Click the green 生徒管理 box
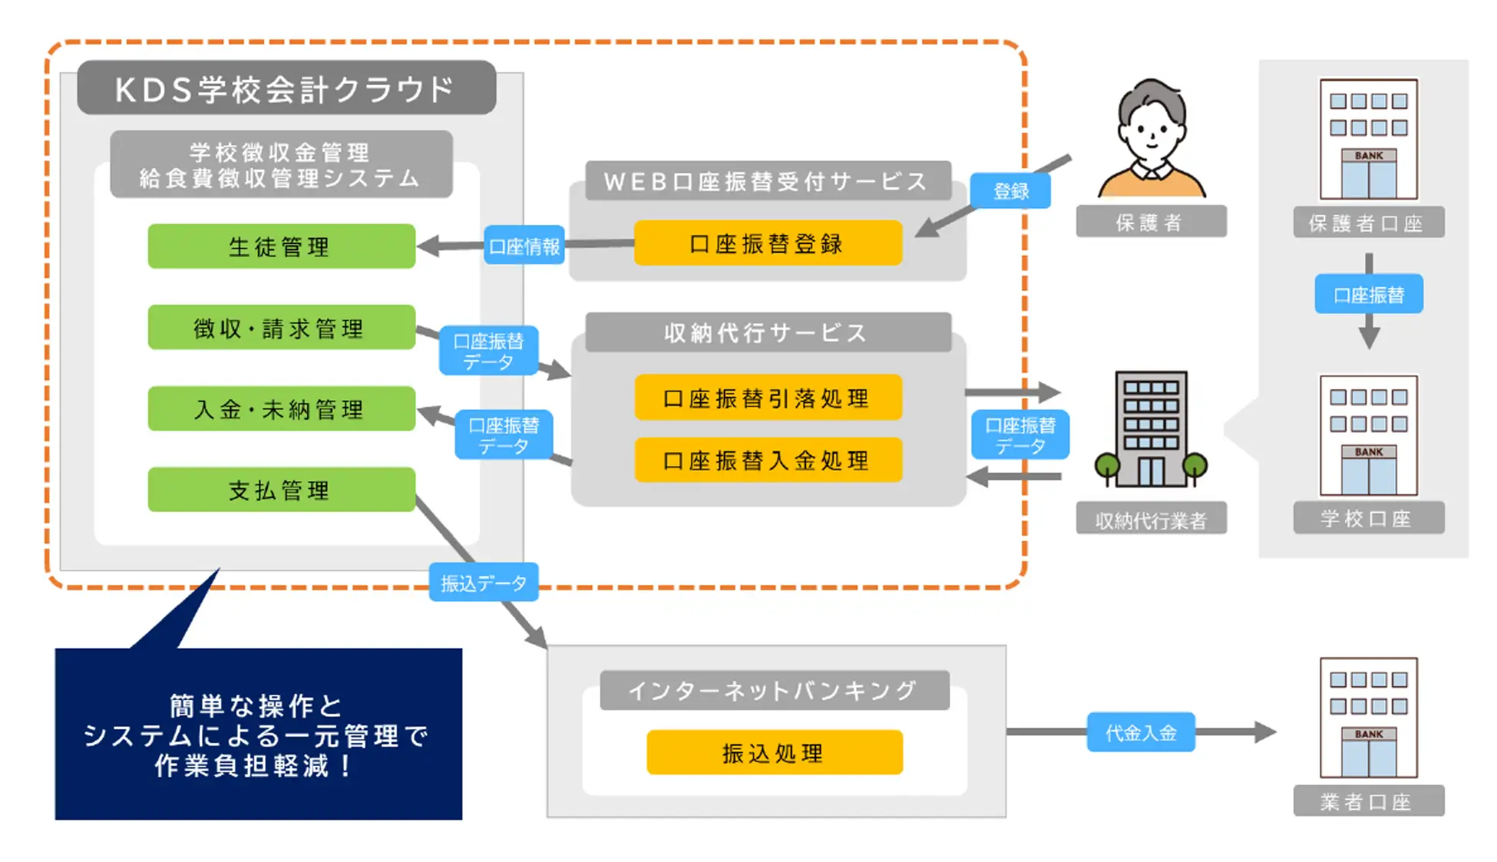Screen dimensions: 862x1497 (281, 246)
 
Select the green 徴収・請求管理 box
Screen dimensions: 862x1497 (281, 328)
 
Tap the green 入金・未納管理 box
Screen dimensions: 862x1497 (281, 408)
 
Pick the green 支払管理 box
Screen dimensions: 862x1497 (281, 490)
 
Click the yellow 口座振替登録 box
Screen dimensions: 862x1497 (768, 243)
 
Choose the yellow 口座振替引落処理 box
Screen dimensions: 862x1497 (768, 398)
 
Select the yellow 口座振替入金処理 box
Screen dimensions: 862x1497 (768, 460)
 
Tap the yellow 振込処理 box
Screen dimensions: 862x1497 (774, 752)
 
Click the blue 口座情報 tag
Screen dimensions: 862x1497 (524, 246)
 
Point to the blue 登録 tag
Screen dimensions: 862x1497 (1010, 190)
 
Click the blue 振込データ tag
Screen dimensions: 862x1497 (484, 583)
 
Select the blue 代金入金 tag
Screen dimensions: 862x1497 (1141, 732)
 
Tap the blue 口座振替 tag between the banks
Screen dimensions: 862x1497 (1368, 294)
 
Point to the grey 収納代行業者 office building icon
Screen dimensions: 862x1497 (1151, 430)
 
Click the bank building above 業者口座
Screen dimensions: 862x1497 (1368, 718)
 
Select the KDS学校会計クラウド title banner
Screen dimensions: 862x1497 (286, 88)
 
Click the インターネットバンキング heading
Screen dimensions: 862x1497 (774, 690)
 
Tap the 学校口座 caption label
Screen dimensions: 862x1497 (1368, 518)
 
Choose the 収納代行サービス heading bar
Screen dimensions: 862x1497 (768, 332)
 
